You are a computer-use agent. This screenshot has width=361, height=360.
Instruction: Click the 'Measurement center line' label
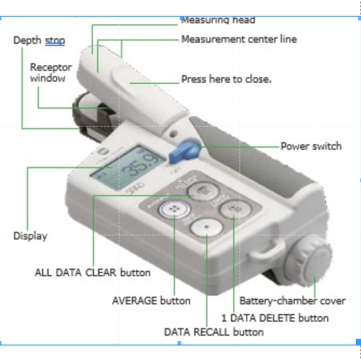tap(239, 39)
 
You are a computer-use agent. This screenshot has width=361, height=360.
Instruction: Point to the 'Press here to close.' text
tap(226, 78)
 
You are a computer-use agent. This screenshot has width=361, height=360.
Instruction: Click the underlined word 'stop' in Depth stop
tap(55, 40)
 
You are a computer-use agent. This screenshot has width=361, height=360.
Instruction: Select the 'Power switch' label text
tap(311, 146)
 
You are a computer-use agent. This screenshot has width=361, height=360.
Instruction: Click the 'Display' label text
tap(30, 235)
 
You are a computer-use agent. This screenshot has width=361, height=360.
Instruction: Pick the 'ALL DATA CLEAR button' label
tap(92, 273)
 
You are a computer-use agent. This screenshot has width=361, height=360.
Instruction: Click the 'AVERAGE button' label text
tap(151, 300)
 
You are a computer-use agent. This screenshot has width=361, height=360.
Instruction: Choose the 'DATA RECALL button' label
tap(213, 332)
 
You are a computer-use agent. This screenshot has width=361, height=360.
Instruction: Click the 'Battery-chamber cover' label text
tap(292, 300)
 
